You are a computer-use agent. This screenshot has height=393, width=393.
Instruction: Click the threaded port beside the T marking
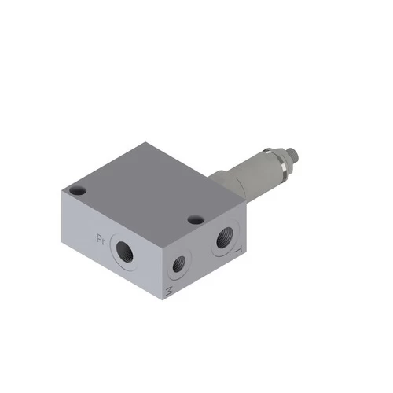click(225, 236)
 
